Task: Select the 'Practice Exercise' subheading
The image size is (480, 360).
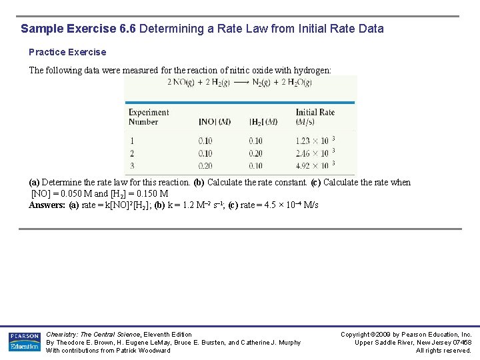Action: (x=67, y=52)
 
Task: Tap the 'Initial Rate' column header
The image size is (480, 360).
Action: (x=315, y=117)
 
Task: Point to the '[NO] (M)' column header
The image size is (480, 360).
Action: (x=215, y=122)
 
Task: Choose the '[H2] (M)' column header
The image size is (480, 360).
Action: (x=263, y=122)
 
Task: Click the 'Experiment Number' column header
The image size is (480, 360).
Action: (x=148, y=117)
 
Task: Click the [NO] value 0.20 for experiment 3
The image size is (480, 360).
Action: (x=205, y=166)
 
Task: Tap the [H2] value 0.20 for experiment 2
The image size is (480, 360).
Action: (x=255, y=153)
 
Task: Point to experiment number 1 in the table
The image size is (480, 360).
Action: (x=131, y=141)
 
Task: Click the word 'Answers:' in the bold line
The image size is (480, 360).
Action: (x=47, y=205)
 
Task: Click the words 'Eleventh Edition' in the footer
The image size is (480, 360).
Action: (x=165, y=335)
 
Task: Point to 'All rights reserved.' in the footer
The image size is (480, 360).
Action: (x=443, y=351)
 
